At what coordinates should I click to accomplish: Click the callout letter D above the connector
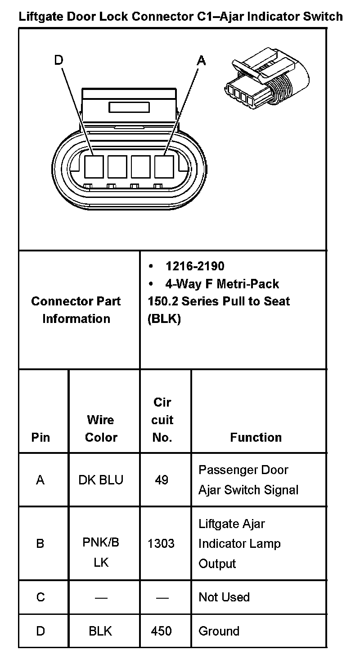[x=58, y=60]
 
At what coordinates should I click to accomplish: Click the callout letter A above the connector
[x=201, y=60]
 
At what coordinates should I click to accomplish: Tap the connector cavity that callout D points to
[x=94, y=166]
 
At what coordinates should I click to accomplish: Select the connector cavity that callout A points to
[x=164, y=166]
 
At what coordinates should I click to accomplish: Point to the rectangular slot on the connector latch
[x=129, y=107]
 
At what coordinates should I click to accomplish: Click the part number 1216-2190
[x=195, y=266]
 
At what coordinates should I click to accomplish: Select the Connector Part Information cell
[x=76, y=310]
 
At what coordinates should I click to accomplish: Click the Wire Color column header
[x=101, y=428]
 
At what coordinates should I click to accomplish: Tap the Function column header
[x=256, y=437]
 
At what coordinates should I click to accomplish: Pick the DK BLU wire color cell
[x=101, y=480]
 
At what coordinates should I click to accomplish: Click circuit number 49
[x=162, y=480]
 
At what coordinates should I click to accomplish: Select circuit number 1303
[x=161, y=544]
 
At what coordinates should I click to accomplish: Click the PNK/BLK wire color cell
[x=101, y=552]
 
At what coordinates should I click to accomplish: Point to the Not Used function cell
[x=224, y=597]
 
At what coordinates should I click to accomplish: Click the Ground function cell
[x=219, y=631]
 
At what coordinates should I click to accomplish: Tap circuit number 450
[x=161, y=631]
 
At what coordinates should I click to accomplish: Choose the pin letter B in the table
[x=40, y=544]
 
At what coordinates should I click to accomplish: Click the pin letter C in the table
[x=40, y=597]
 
